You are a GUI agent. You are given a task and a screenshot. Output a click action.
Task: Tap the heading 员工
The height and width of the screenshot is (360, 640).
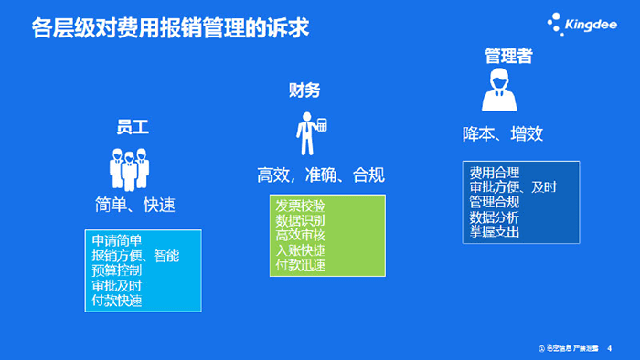click(133, 127)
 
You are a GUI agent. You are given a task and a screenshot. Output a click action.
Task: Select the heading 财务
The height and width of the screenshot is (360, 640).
click(304, 90)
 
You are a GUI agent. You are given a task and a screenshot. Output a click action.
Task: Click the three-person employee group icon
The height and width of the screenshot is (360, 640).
click(129, 167)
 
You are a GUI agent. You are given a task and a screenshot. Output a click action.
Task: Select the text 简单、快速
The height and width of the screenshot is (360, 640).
click(134, 204)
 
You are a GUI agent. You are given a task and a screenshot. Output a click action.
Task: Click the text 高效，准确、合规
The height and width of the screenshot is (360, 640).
click(320, 175)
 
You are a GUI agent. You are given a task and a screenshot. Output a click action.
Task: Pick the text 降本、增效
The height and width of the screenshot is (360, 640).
click(503, 134)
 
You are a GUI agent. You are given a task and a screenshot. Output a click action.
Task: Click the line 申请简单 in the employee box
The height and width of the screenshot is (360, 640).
click(117, 241)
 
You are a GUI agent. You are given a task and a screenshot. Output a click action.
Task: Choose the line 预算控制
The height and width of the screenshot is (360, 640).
click(117, 270)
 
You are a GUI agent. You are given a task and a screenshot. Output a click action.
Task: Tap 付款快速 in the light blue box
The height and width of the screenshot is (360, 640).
click(117, 300)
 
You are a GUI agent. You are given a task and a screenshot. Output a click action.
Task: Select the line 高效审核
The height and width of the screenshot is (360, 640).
click(301, 236)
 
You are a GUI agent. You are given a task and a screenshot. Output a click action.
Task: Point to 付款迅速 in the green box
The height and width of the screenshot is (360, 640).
click(301, 265)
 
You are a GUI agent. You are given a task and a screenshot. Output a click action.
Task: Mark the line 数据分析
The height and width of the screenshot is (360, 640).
click(495, 217)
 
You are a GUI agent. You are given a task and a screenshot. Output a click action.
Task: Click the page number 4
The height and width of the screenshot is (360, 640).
click(610, 348)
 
